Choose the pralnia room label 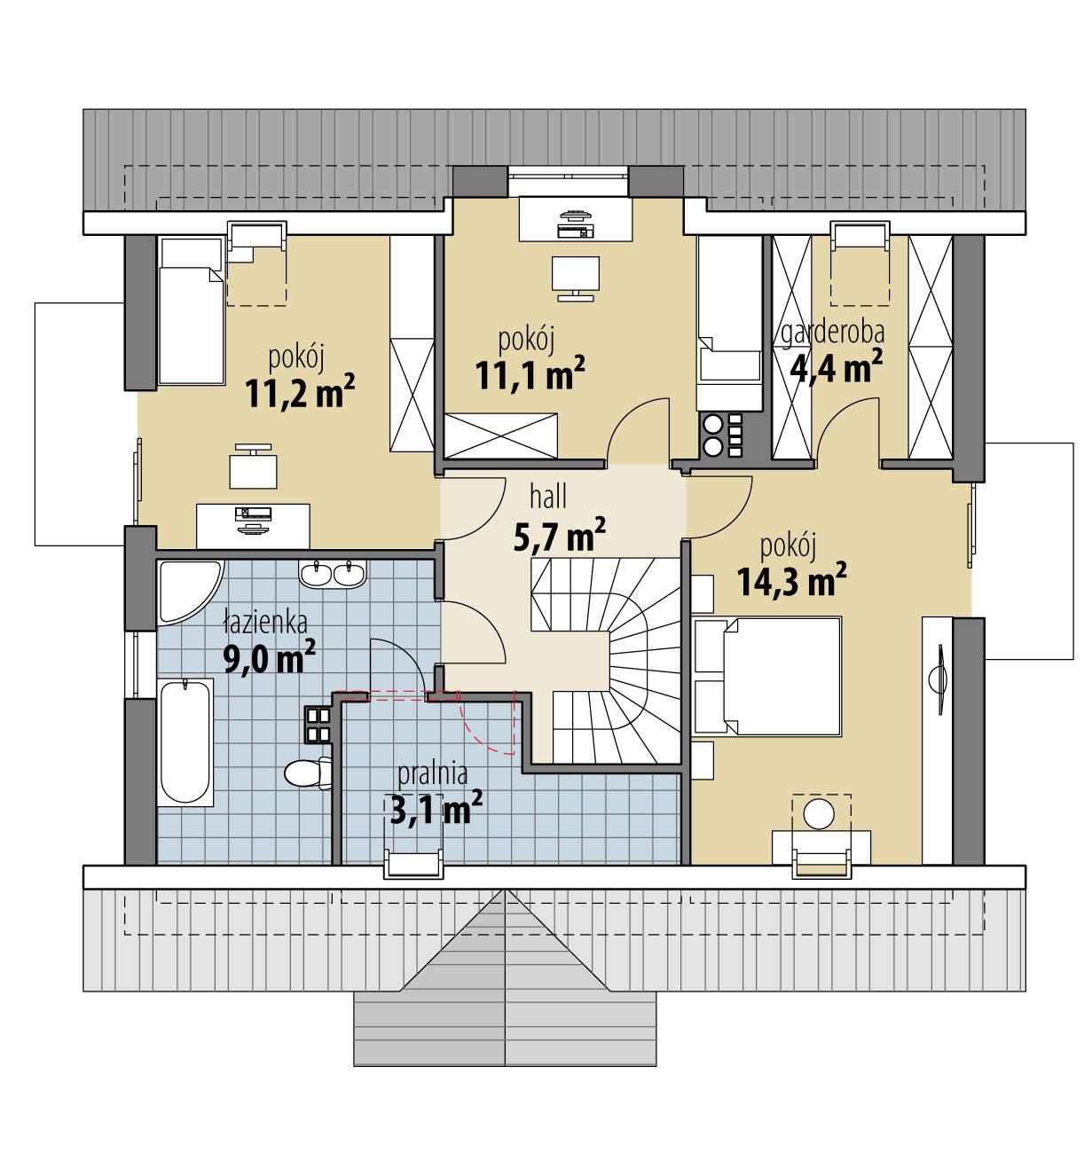tap(432, 773)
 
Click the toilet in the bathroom tap(306, 773)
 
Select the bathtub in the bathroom tap(185, 742)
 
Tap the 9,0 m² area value tap(271, 660)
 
